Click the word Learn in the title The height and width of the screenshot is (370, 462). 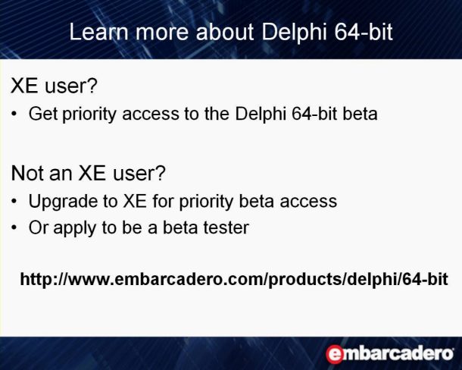coord(98,32)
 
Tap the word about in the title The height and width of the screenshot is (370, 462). coord(224,32)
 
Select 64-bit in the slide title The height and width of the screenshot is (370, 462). coord(364,32)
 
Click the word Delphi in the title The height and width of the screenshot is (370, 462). coord(294,33)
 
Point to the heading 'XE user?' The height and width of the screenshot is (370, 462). coord(54,86)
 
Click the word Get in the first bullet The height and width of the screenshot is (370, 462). coord(43,114)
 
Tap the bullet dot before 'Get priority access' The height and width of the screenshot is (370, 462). coord(14,114)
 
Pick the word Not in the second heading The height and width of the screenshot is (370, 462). coord(27,173)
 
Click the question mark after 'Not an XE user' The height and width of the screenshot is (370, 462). coord(161,173)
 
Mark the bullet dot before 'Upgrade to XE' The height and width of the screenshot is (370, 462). coord(14,201)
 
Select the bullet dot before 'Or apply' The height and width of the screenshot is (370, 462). coord(14,227)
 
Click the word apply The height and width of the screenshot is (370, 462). coord(75,228)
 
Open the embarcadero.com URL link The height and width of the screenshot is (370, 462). coord(234,279)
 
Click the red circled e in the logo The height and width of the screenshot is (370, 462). coord(335,354)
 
